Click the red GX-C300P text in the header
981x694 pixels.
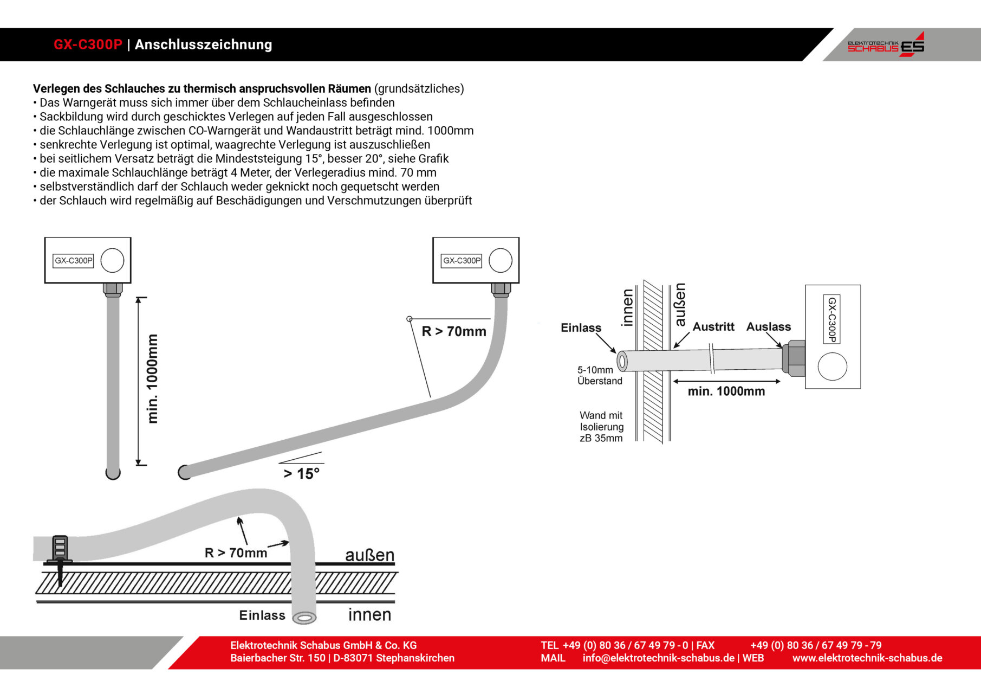coord(88,44)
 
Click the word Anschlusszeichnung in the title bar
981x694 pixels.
coord(203,44)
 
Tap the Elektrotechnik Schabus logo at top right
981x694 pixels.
coord(886,45)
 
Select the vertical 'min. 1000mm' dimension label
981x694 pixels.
coord(153,378)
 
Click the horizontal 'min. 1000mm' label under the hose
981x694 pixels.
coord(726,391)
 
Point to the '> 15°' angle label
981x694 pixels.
coord(302,473)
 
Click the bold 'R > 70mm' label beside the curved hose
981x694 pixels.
coord(454,331)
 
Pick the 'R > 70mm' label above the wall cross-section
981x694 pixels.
coord(236,553)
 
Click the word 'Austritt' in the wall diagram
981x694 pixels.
coord(713,327)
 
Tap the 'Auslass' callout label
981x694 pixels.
coord(768,327)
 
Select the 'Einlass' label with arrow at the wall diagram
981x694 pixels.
coord(581,328)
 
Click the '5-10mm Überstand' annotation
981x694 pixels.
coord(599,375)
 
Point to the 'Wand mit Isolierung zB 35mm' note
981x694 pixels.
coord(601,427)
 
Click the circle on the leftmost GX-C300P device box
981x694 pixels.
coord(112,260)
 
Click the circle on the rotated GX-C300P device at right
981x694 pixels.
coord(832,367)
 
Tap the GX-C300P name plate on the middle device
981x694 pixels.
coord(462,261)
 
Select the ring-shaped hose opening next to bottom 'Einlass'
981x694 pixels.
coord(304,618)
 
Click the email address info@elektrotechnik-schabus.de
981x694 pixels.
coord(658,658)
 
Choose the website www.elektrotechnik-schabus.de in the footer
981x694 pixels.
coord(867,658)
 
